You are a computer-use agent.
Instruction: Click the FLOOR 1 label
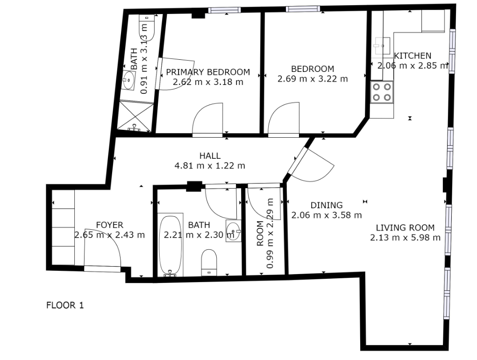click(65, 305)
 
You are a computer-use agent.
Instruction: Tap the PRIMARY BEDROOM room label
click(208, 72)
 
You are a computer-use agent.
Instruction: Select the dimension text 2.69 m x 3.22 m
click(313, 79)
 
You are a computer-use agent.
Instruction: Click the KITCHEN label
click(413, 56)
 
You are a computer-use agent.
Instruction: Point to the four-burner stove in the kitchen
click(382, 92)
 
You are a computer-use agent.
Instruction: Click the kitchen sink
click(382, 46)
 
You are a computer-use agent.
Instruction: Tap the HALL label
click(210, 155)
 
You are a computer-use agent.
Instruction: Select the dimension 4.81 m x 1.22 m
click(210, 166)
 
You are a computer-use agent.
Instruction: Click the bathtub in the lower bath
click(171, 245)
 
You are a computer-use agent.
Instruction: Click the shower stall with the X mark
click(135, 116)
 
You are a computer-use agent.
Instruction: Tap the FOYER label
click(109, 225)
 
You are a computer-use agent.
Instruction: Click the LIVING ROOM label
click(405, 227)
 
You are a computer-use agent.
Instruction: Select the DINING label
click(327, 205)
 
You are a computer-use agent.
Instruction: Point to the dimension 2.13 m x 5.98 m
click(405, 238)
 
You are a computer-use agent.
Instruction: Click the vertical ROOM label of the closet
click(260, 233)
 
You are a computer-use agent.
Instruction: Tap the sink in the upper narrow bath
click(128, 80)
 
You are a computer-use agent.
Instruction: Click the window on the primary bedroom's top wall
click(225, 10)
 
